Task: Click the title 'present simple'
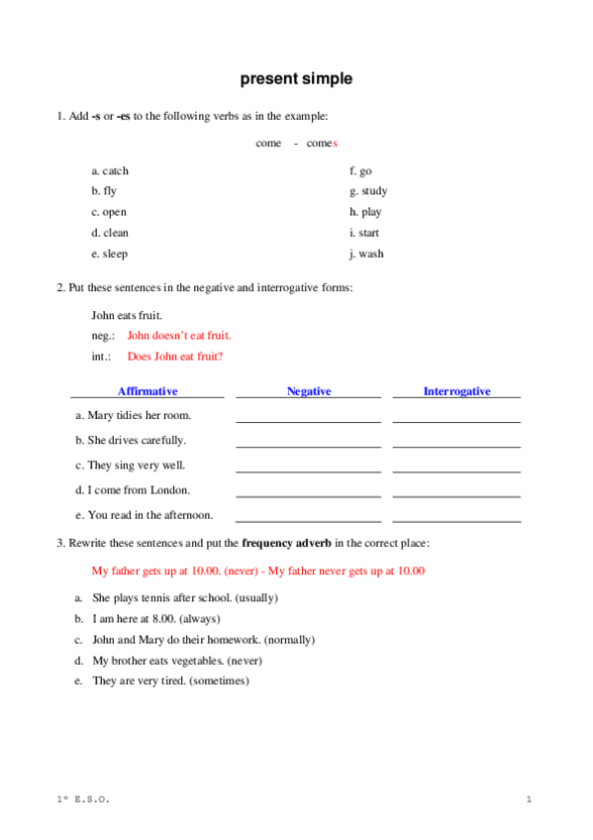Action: [x=295, y=79]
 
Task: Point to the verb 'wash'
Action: [x=371, y=254]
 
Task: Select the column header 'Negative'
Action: [x=309, y=391]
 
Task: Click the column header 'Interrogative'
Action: [x=456, y=391]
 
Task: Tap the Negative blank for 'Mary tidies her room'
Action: [x=308, y=419]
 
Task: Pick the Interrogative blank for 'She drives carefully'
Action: [x=456, y=444]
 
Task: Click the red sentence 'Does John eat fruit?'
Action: [x=175, y=357]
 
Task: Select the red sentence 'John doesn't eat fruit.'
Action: [x=179, y=336]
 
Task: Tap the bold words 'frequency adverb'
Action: [x=287, y=543]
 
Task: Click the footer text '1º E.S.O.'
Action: [x=83, y=798]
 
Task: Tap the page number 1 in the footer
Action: [x=530, y=798]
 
